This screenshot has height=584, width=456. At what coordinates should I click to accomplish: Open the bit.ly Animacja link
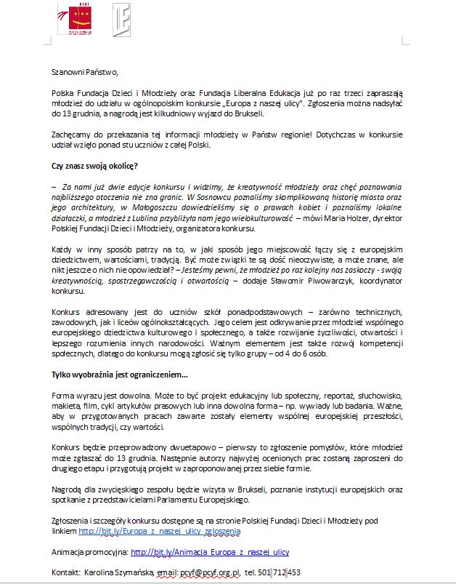coord(210,553)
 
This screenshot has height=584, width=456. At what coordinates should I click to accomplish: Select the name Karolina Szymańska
coord(116,573)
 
